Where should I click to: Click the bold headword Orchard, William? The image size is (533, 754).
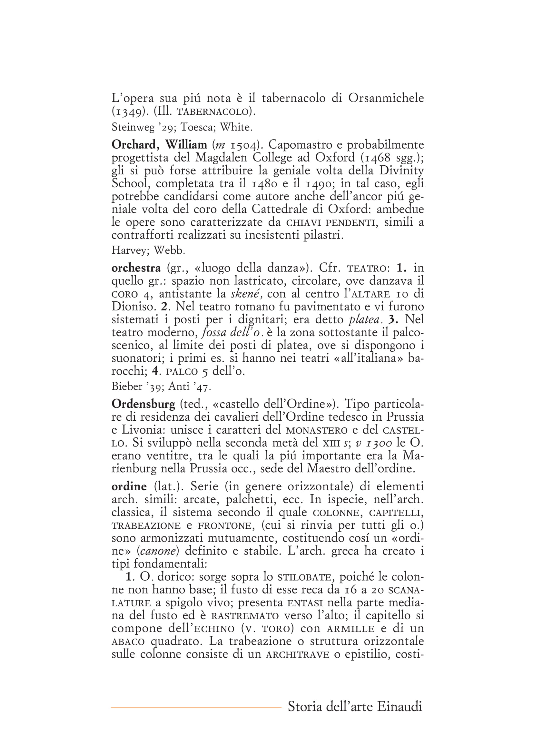pos(159,145)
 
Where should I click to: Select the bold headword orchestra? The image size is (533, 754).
pos(136,268)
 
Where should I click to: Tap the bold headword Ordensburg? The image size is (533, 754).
pos(143,404)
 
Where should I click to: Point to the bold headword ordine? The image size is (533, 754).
pos(129,486)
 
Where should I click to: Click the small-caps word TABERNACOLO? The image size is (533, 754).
pos(212,112)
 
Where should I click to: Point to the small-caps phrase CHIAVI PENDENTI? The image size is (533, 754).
pos(331,223)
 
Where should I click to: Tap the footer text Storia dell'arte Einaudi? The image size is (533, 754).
pos(355,706)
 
